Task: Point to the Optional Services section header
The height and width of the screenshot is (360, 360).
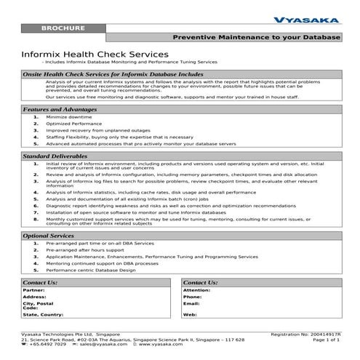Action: pos(49,236)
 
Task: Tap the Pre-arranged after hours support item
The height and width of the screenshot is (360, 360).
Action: pos(85,250)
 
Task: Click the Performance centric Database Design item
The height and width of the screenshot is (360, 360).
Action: pos(90,270)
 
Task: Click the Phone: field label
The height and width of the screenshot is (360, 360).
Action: pos(193,297)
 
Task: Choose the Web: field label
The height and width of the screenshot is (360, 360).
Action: pos(191,314)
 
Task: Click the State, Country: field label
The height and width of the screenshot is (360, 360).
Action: pos(43,314)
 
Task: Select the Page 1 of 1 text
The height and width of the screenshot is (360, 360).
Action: pos(326,339)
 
